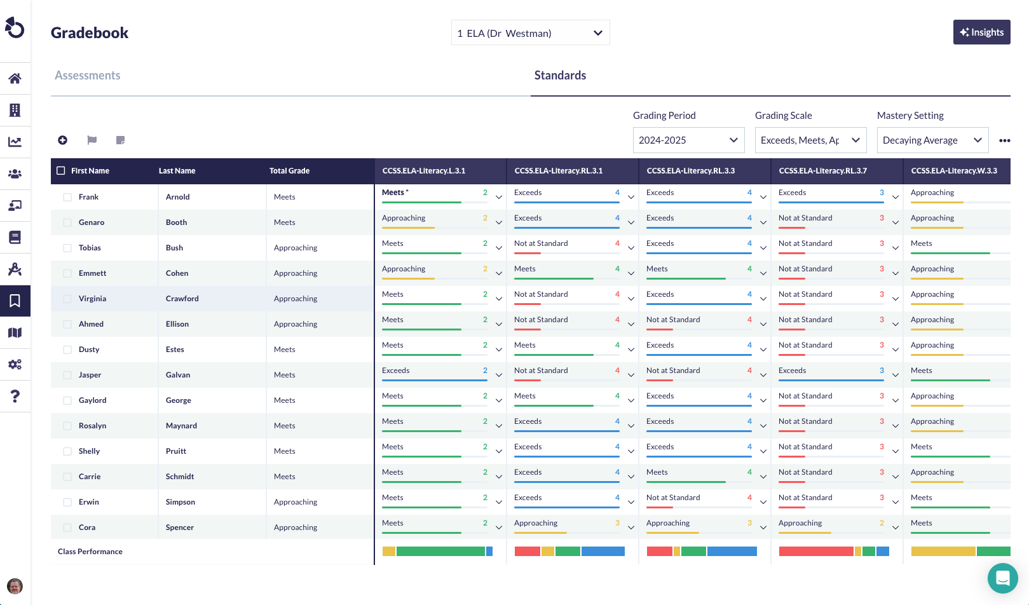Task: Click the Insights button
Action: (981, 32)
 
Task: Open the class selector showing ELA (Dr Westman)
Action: (530, 33)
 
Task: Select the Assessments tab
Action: (87, 76)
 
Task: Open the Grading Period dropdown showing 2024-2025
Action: (688, 140)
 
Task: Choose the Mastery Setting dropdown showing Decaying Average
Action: (932, 140)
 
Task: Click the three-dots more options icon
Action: (1004, 140)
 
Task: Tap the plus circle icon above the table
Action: (62, 140)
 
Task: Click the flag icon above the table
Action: (92, 140)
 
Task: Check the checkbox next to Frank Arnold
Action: (67, 197)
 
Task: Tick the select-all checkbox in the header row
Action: (61, 171)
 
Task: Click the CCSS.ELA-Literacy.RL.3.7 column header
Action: (822, 171)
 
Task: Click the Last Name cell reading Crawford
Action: (182, 299)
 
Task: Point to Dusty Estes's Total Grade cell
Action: (285, 350)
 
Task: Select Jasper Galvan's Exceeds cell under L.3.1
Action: (396, 370)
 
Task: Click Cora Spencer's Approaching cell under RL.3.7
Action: (800, 523)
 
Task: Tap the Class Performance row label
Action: (90, 552)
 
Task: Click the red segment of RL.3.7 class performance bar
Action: (815, 552)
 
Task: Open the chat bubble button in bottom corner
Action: (1002, 578)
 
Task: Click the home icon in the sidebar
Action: (15, 79)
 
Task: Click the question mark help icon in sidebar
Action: (15, 397)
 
